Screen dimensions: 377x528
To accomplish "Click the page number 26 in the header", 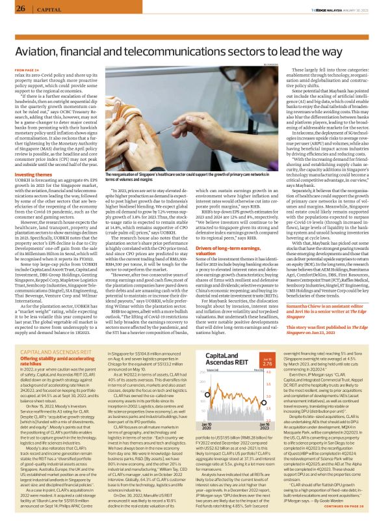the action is pyautogui.click(x=21, y=8).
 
